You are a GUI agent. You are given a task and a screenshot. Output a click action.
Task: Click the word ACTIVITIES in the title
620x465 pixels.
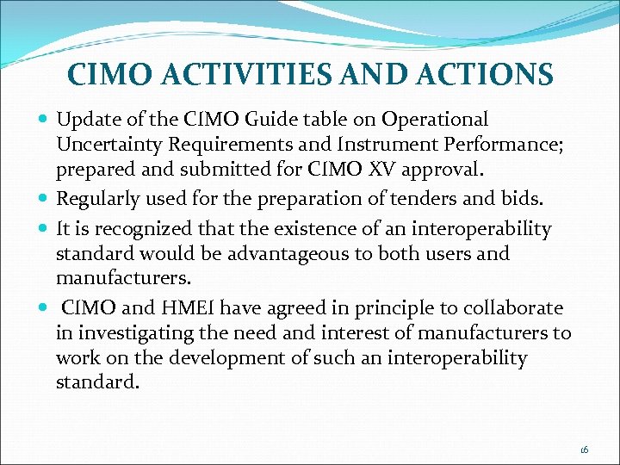[x=252, y=74]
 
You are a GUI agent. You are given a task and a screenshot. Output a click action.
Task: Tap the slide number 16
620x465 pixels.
[x=584, y=449]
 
